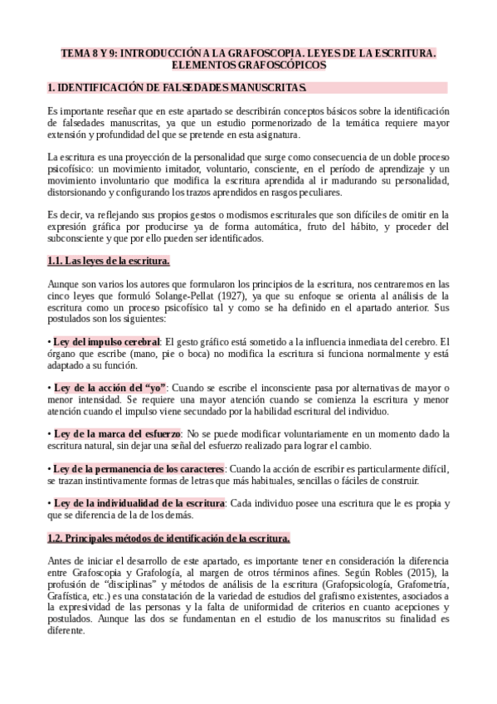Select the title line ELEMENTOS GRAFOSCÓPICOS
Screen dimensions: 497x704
click(x=248, y=65)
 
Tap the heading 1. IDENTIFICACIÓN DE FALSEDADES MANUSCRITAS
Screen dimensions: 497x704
click(x=178, y=87)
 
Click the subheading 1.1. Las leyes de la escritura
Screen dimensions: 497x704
click(x=109, y=262)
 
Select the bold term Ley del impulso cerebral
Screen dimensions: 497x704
click(x=106, y=341)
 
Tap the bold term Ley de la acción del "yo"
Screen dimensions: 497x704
click(x=110, y=388)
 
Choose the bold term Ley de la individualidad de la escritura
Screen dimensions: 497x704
click(x=139, y=503)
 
